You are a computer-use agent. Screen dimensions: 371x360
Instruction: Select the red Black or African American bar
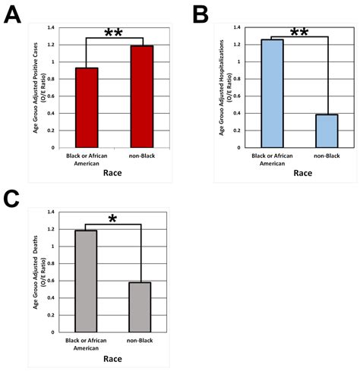click(x=86, y=108)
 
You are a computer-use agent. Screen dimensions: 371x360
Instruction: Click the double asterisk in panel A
click(x=113, y=33)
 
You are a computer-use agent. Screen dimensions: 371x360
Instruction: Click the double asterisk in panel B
click(x=298, y=33)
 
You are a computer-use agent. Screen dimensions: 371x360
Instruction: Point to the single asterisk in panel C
click(x=112, y=219)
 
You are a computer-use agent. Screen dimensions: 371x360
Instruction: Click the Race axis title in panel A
click(x=114, y=173)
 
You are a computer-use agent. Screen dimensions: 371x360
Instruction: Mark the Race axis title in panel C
click(x=113, y=361)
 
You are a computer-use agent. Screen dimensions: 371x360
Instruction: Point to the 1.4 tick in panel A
click(x=51, y=27)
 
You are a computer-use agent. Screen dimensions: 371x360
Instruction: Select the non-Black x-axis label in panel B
click(x=327, y=157)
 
